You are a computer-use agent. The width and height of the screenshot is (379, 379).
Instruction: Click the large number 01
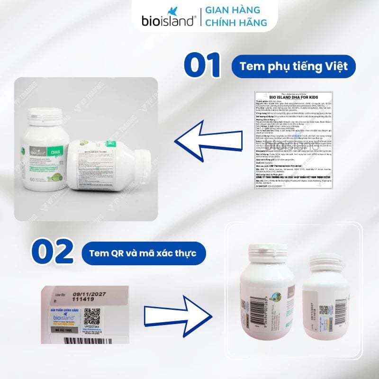pyautogui.click(x=203, y=66)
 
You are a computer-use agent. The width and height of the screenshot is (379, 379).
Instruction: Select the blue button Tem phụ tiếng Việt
pyautogui.click(x=294, y=66)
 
